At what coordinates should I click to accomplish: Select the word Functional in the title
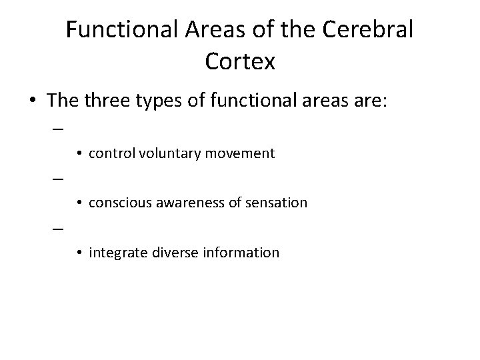pos(121,30)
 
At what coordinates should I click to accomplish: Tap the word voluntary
pos(163,153)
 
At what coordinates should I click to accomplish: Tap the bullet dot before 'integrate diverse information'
pos(79,253)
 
